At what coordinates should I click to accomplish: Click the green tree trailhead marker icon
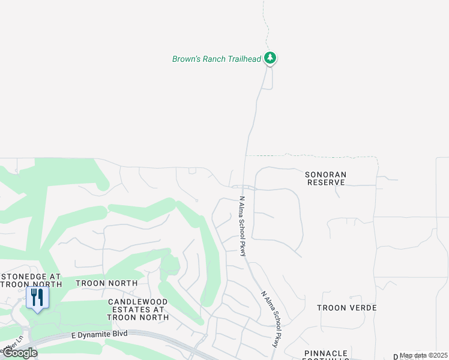point(271,58)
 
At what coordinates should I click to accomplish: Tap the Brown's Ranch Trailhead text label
point(217,59)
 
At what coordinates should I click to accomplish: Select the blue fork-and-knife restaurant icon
point(37,298)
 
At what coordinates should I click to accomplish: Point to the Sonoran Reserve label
point(325,178)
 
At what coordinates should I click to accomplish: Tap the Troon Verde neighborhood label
point(347,308)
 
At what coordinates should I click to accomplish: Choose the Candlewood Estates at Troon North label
point(138,308)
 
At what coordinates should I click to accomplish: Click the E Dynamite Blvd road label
point(99,335)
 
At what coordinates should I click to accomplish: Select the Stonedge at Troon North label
point(31,281)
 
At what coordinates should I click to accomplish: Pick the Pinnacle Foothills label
point(326,355)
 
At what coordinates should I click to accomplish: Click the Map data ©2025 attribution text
point(424,355)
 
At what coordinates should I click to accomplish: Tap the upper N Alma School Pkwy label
point(243,226)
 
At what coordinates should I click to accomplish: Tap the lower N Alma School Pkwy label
point(270,319)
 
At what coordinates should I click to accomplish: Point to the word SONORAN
point(325,174)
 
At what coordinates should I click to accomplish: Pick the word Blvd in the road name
point(119,334)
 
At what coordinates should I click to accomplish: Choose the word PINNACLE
point(326,353)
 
